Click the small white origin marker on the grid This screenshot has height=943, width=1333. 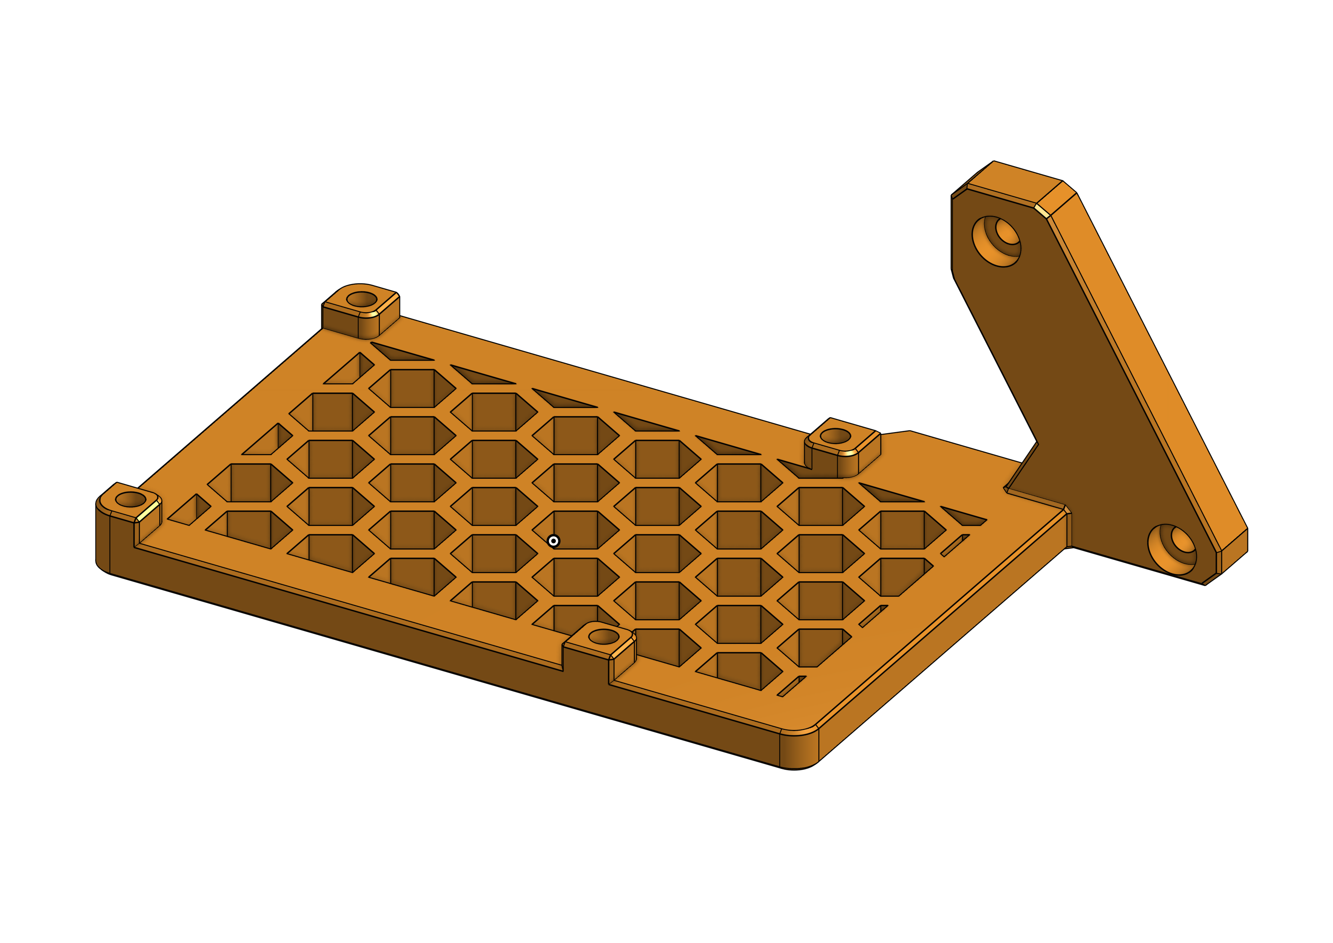click(x=553, y=541)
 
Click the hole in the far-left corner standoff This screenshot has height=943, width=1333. click(x=130, y=499)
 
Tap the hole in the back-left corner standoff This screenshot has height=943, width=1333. click(x=362, y=299)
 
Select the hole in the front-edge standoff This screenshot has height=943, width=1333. click(x=604, y=636)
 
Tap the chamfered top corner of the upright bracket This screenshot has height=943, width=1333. click(x=1043, y=211)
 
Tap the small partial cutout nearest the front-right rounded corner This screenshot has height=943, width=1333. click(x=791, y=687)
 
